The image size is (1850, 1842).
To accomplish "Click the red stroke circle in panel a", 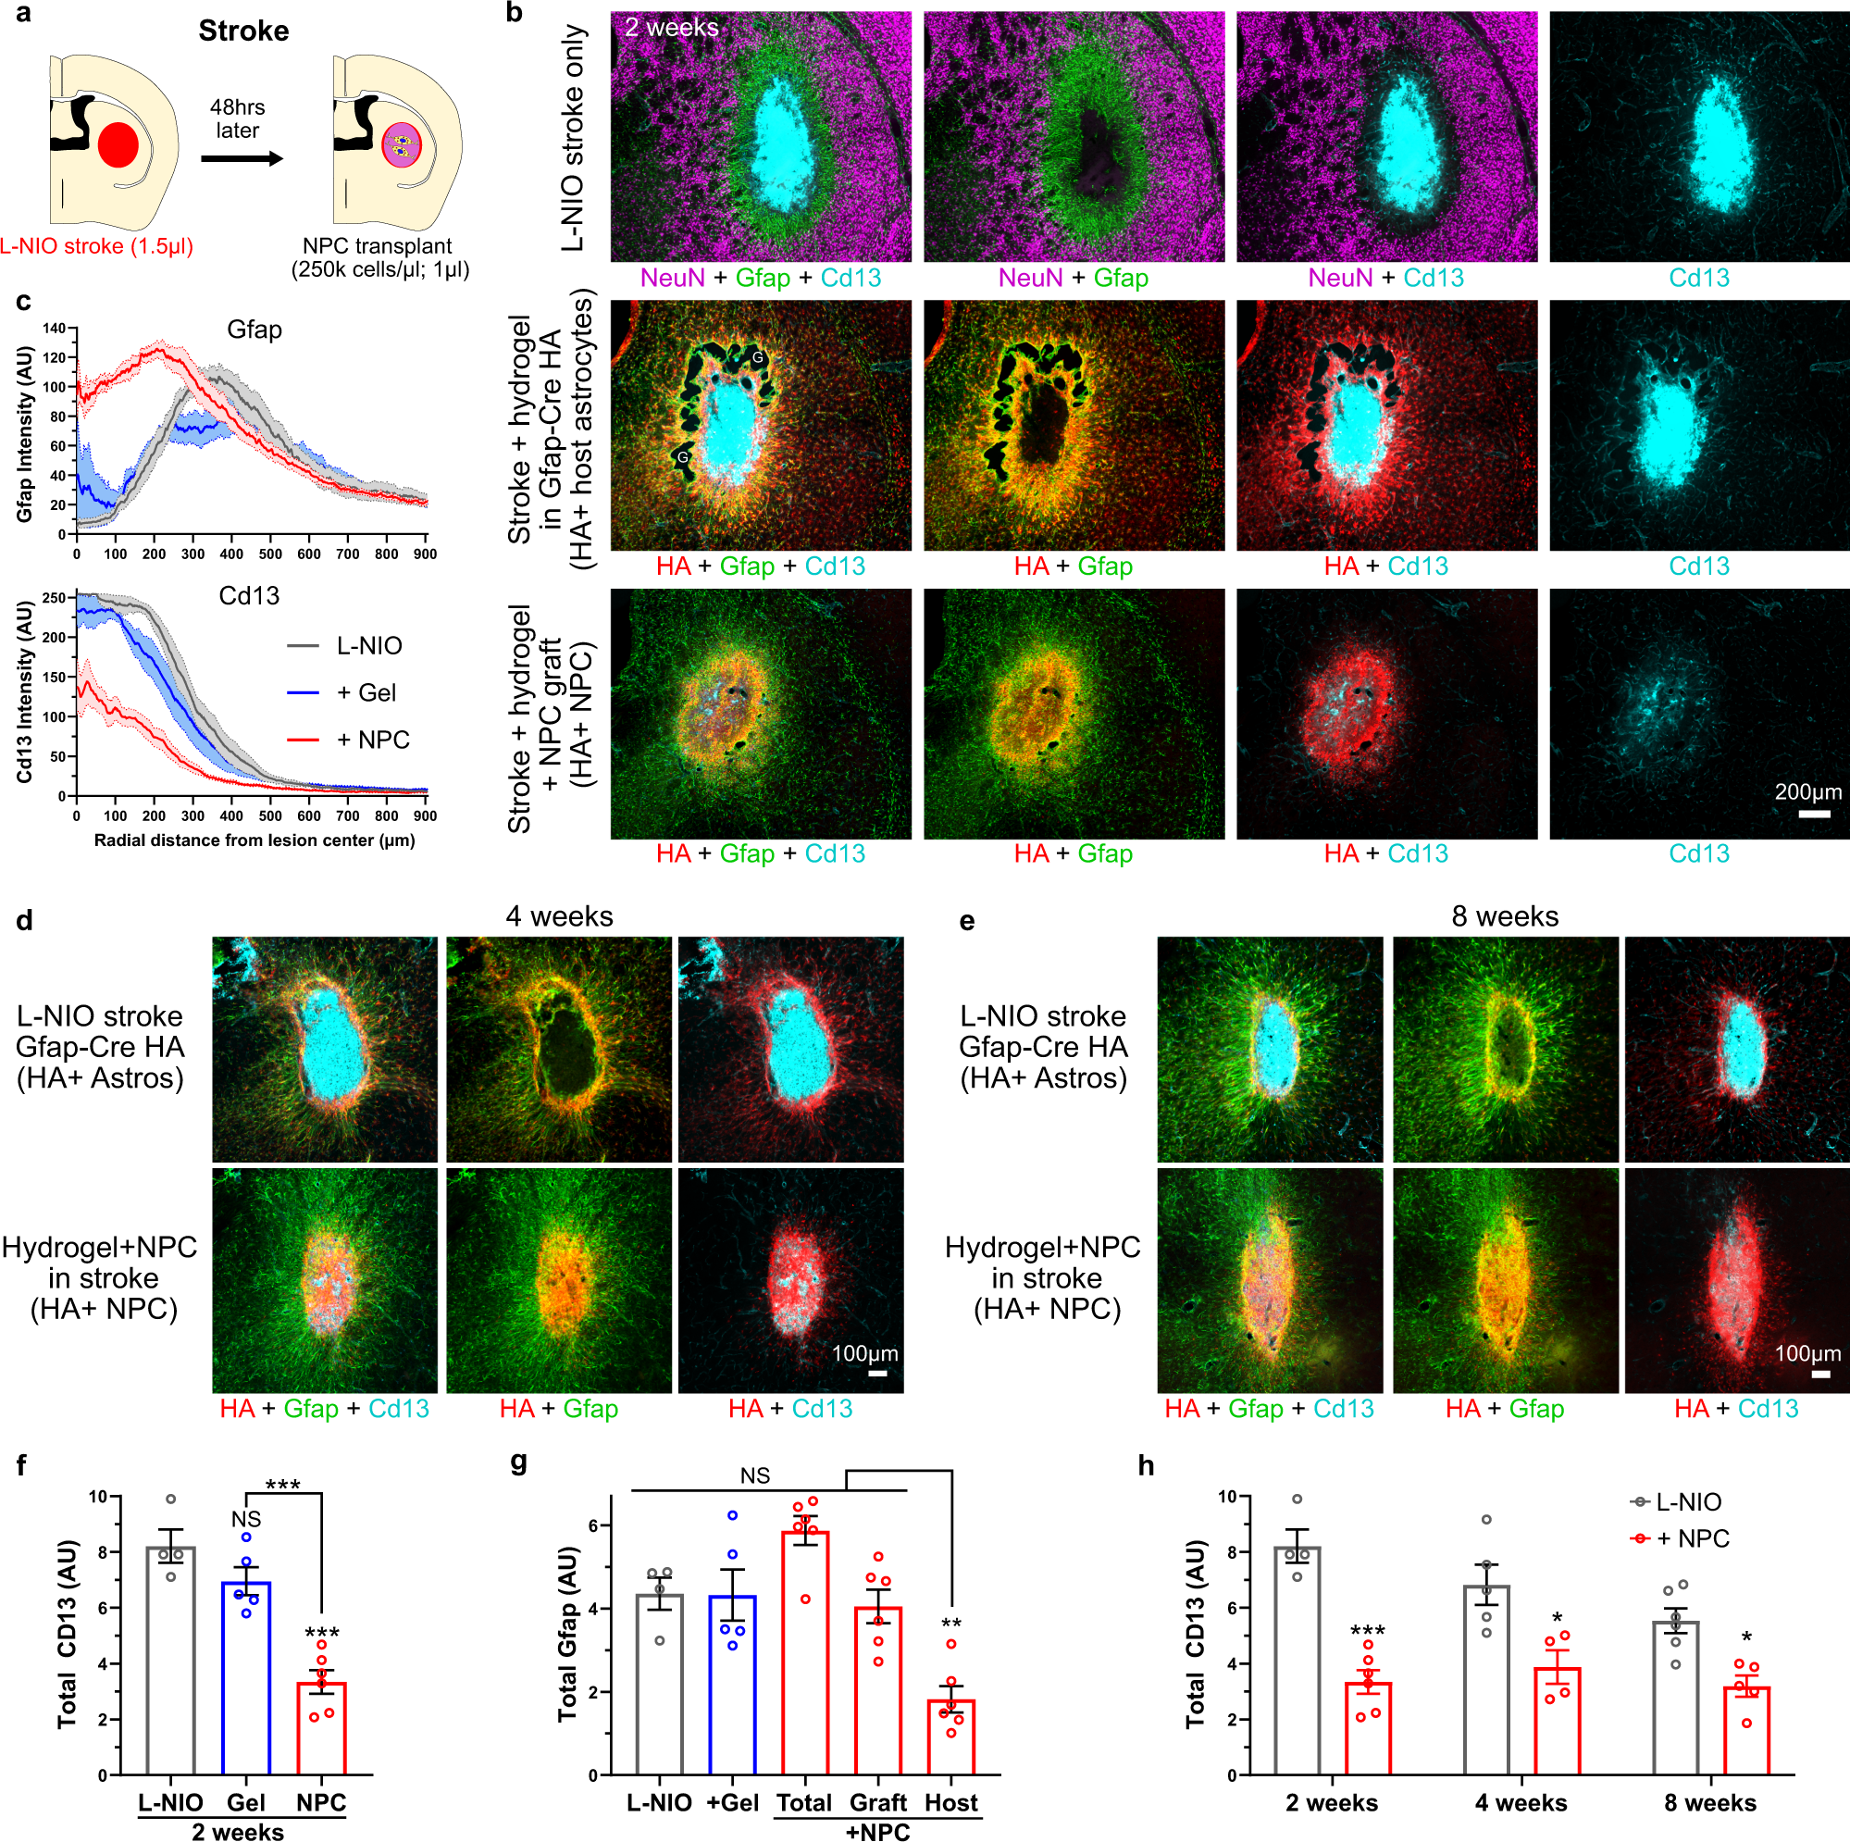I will pos(118,144).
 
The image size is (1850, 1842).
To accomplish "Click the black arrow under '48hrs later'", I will pos(242,158).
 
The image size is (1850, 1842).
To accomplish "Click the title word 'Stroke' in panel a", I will pos(243,31).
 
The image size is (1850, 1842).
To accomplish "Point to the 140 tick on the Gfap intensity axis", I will pos(55,329).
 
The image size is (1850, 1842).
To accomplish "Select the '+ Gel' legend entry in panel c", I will pos(350,692).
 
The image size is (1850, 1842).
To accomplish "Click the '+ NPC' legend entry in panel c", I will pos(350,740).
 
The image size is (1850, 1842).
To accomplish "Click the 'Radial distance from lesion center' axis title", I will pos(254,840).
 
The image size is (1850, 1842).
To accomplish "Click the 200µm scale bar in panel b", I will pos(1814,815).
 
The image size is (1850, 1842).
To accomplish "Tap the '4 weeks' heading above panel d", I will pos(558,916).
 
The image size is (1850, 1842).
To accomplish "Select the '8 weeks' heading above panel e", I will pos(1504,916).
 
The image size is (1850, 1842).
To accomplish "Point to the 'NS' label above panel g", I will pos(754,1476).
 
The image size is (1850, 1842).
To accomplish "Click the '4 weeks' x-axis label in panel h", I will pos(1521,1803).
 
